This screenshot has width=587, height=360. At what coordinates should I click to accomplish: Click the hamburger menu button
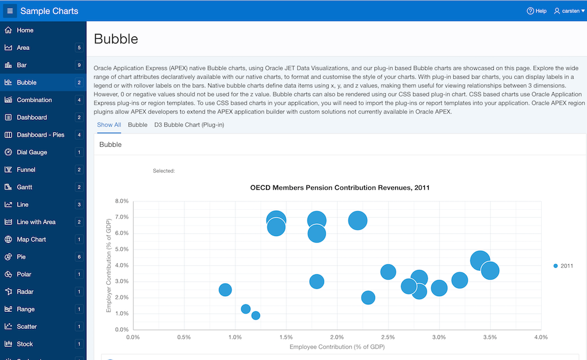[x=9, y=11]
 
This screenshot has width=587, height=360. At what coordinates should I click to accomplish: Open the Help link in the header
[x=537, y=11]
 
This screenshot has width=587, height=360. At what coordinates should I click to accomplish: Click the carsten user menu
[x=566, y=11]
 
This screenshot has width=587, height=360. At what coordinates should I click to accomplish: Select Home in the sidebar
[x=25, y=30]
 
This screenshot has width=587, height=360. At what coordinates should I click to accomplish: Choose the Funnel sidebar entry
[x=26, y=170]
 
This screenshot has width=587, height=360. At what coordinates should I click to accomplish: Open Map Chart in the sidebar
[x=31, y=240]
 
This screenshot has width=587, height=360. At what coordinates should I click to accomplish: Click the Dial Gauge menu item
[x=32, y=152]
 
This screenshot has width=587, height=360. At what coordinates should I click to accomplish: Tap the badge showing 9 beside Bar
[x=79, y=65]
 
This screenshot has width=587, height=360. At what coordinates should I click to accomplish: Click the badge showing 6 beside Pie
[x=79, y=257]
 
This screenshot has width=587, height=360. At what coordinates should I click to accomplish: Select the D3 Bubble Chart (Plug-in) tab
[x=189, y=125]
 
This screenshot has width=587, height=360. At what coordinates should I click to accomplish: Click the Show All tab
[x=109, y=125]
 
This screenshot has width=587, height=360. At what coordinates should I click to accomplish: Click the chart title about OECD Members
[x=340, y=188]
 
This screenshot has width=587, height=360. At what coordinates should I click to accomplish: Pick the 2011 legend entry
[x=563, y=266]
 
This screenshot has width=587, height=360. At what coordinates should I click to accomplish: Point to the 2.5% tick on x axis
[x=387, y=337]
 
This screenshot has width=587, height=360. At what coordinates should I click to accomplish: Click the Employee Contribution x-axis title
[x=337, y=347]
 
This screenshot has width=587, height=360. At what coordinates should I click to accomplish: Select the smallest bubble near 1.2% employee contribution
[x=256, y=315]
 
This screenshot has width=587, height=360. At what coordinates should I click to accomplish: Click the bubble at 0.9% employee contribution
[x=225, y=290]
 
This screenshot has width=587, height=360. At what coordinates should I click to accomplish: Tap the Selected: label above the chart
[x=164, y=171]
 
